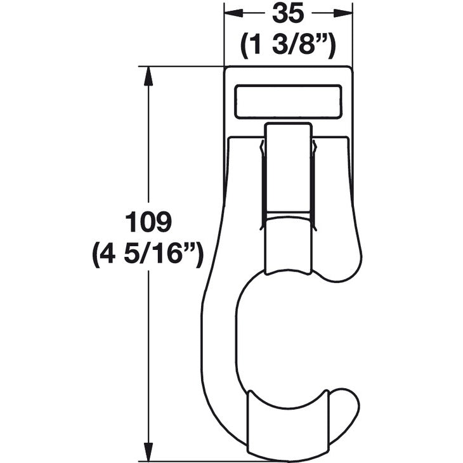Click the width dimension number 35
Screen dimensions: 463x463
coord(289,13)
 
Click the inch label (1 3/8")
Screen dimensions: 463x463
coord(289,44)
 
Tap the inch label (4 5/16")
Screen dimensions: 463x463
coord(148,256)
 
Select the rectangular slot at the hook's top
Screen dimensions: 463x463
coord(289,101)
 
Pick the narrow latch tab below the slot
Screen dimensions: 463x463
coord(289,168)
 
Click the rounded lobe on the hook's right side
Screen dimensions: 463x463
coord(346,254)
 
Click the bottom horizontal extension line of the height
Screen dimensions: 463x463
coord(190,460)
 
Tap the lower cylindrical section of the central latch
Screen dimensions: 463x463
coord(289,244)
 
